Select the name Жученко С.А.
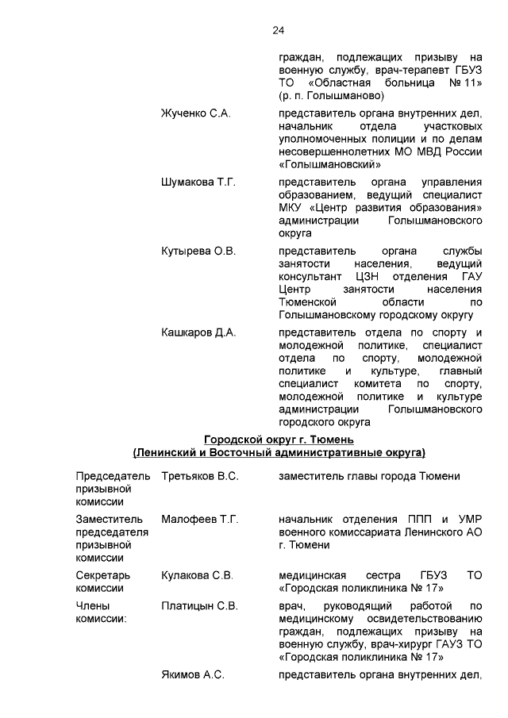196,113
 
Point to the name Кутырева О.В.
198,251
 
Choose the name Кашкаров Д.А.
198,332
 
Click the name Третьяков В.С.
200,476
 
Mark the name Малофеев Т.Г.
199,519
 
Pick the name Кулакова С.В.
197,574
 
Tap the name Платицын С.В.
199,606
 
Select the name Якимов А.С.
193,674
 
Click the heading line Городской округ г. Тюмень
279,440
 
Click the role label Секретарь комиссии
102,581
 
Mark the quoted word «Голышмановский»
329,165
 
